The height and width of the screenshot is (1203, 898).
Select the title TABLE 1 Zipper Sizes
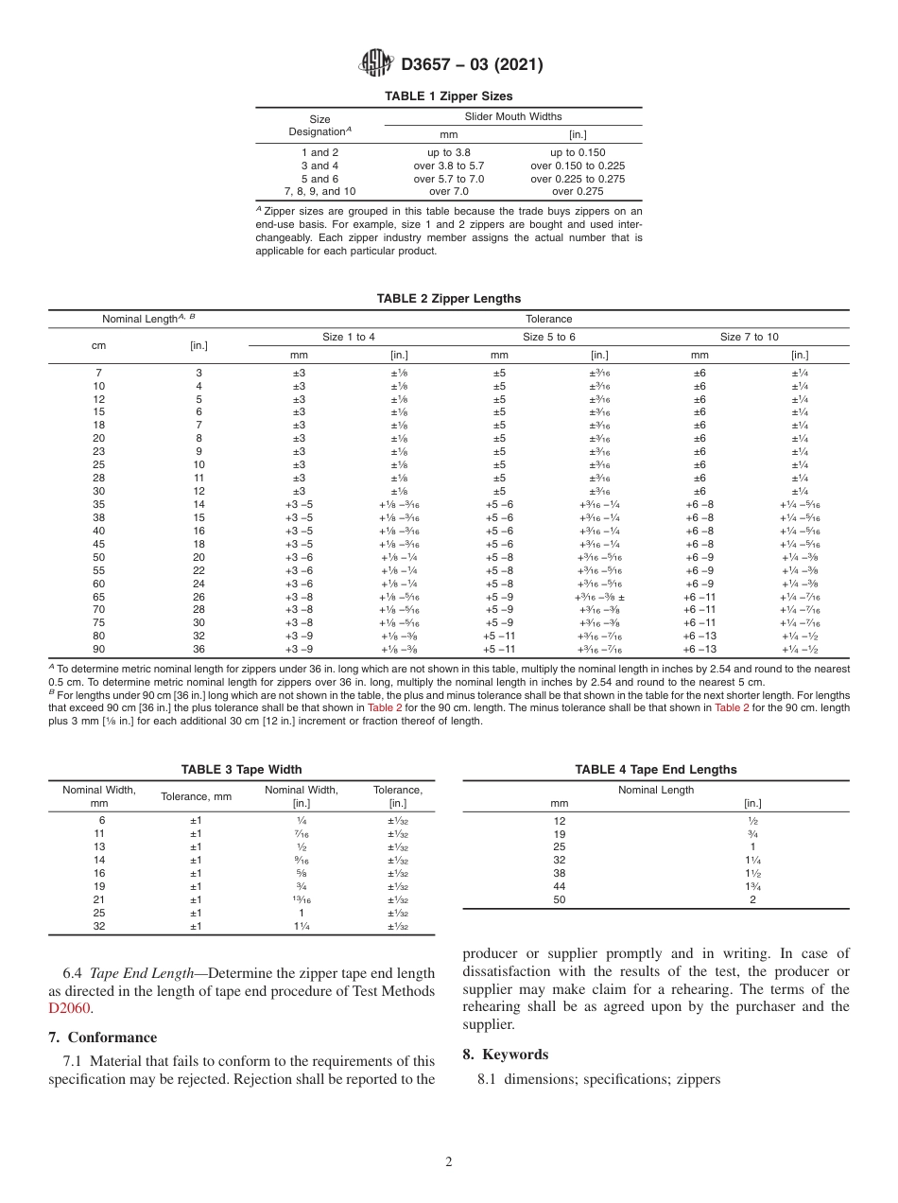(448, 96)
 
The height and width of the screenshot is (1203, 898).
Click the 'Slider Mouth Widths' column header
(512, 116)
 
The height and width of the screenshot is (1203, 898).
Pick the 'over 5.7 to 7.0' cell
(448, 179)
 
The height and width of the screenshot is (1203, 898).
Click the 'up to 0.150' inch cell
(577, 152)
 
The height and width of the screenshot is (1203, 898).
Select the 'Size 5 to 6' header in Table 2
(548, 337)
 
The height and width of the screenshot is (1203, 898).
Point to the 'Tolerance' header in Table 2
(548, 319)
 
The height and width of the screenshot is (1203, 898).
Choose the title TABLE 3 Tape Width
(241, 770)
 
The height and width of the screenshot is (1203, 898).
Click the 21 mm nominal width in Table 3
(99, 899)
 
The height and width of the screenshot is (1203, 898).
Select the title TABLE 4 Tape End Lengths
(655, 770)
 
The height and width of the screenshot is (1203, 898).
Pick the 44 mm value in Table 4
(560, 886)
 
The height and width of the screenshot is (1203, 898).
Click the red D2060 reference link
(69, 1008)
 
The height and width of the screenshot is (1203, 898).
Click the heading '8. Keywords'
(505, 1055)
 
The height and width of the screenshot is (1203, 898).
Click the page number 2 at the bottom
(448, 1162)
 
